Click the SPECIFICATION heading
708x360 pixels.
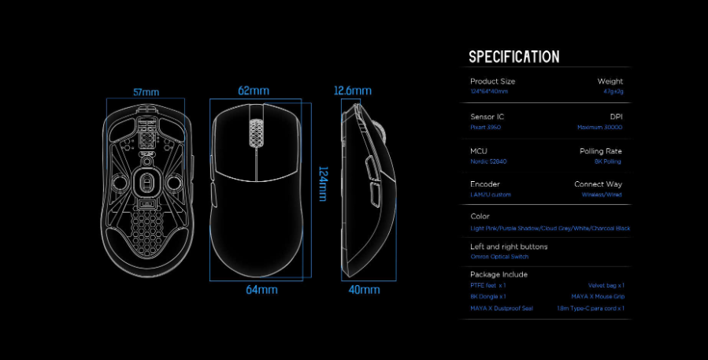point(513,57)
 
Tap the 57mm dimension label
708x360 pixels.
point(146,92)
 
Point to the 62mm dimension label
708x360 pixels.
point(254,91)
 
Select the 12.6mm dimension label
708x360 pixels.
point(351,91)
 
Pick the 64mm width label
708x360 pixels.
point(261,290)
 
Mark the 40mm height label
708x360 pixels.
point(364,290)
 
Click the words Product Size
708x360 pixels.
point(492,81)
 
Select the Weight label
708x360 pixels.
point(610,81)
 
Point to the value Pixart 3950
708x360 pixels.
point(486,127)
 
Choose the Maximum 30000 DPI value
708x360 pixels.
point(599,127)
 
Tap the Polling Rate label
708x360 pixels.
point(601,150)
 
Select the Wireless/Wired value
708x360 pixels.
point(602,195)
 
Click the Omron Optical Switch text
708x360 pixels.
point(499,257)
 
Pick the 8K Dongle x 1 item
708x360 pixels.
point(488,296)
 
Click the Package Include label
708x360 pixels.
point(499,274)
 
